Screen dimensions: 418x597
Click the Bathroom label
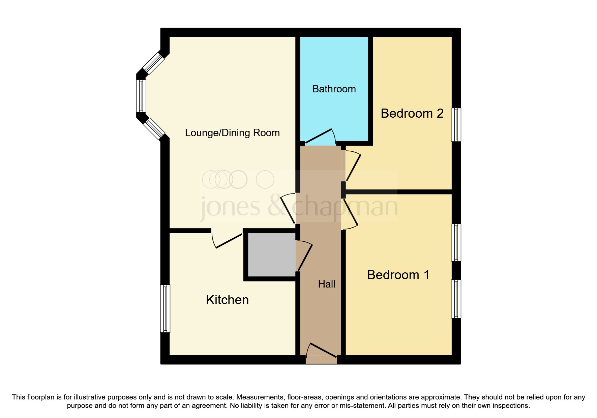334,89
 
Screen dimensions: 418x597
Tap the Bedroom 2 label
412,114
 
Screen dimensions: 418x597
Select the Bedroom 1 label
398,275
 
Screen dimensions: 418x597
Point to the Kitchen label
227,300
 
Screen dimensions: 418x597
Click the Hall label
326,284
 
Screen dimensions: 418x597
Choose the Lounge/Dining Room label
232,133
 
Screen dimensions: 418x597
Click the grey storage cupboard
272,255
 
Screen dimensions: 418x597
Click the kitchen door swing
229,241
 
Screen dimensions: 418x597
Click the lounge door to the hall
288,209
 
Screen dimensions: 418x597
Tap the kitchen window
165,308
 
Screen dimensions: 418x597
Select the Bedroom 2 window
456,125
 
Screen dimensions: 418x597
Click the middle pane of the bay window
141,96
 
